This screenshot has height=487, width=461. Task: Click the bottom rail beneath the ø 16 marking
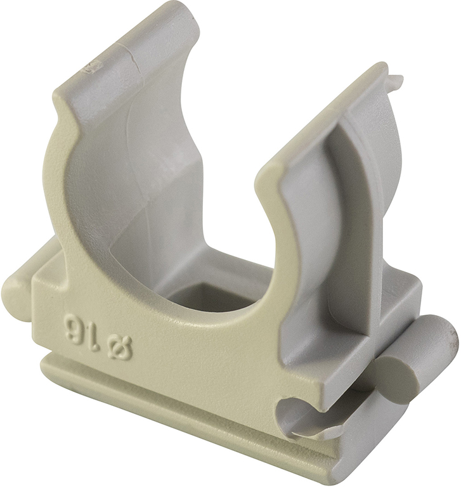[x=159, y=393]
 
